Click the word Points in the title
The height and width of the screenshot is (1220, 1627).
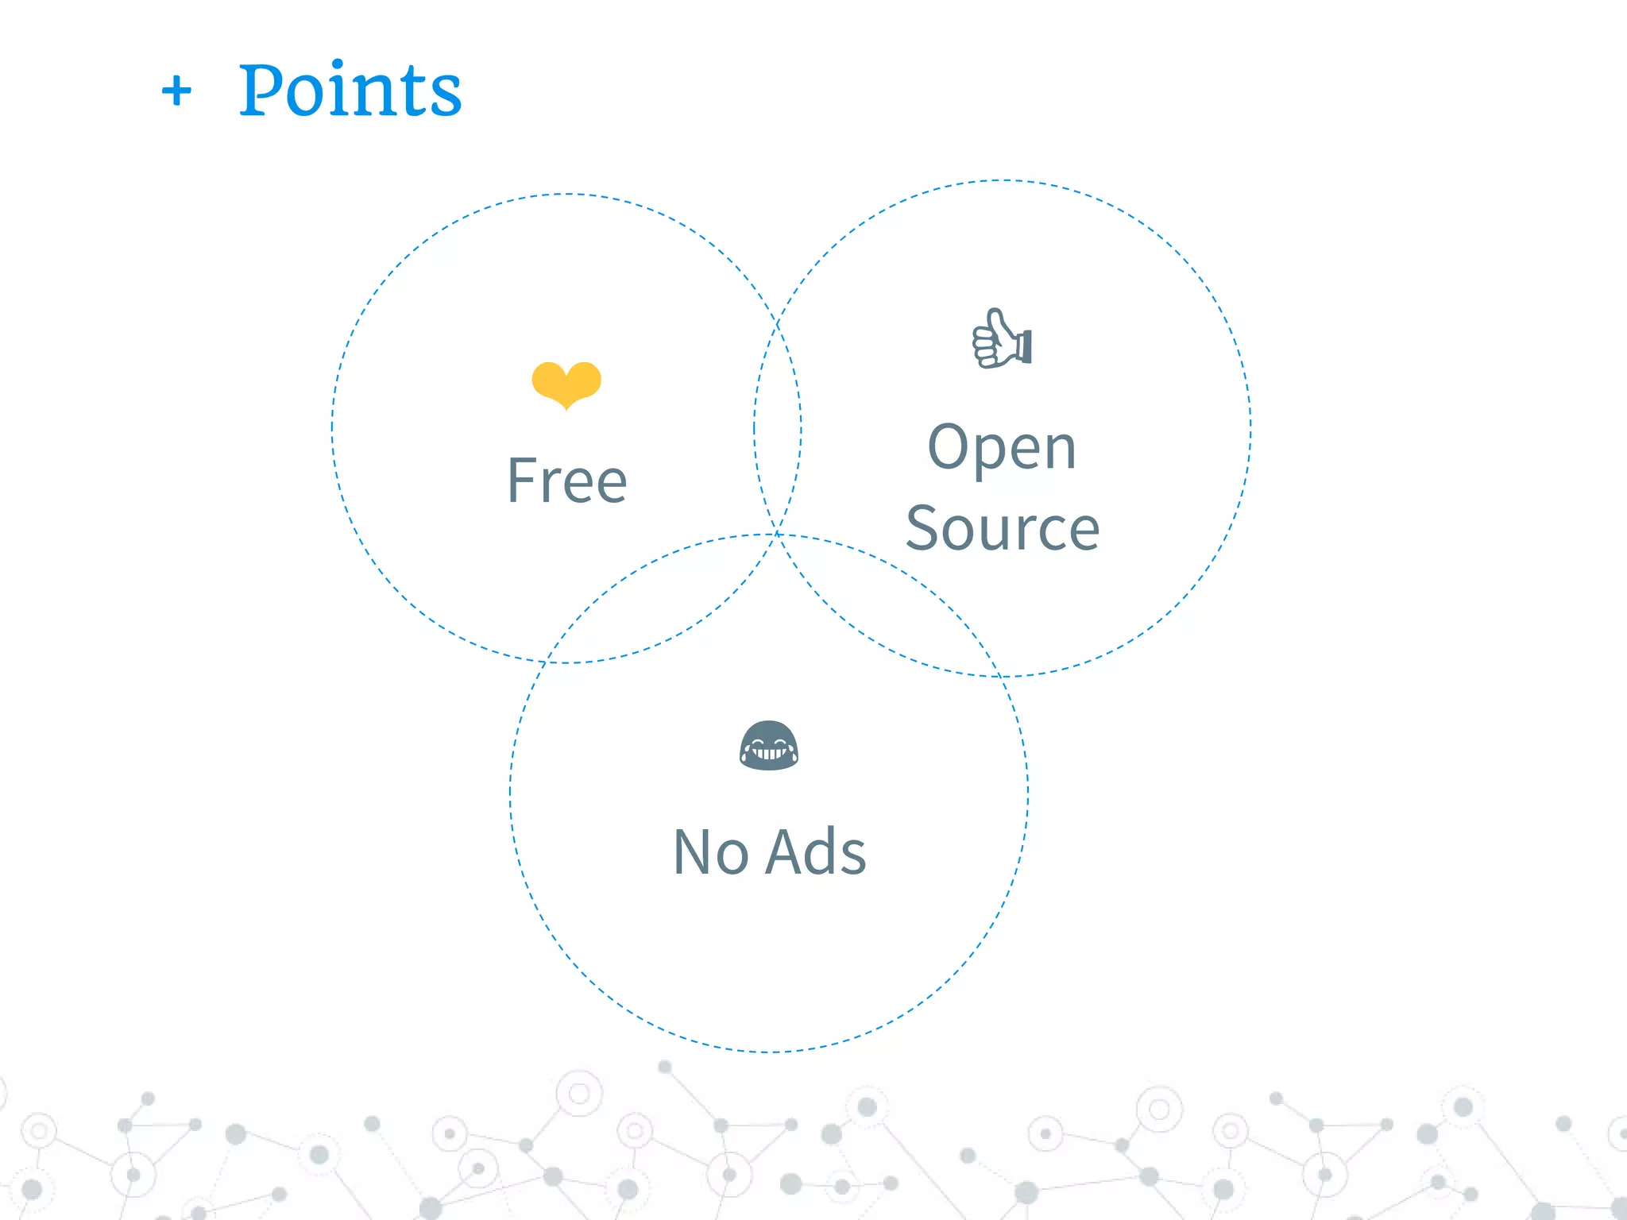coord(350,91)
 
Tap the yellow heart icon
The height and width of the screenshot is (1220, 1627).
coord(566,384)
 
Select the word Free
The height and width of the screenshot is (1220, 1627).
coord(567,481)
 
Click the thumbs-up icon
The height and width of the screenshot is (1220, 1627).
coord(1002,339)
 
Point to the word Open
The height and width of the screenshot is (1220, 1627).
coord(1002,449)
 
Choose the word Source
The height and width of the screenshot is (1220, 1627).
coord(1003,529)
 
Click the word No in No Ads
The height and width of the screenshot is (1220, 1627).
coord(710,852)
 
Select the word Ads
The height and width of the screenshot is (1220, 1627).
coord(817,852)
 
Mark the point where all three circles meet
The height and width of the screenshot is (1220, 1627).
coord(777,535)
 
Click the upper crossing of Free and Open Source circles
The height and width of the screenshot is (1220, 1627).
coord(777,324)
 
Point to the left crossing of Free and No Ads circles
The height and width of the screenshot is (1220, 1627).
coord(544,662)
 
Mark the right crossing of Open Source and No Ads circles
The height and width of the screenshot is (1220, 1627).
coord(1003,676)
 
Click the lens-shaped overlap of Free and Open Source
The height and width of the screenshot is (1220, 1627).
coord(777,429)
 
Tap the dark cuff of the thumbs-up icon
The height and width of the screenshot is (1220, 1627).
coord(1026,347)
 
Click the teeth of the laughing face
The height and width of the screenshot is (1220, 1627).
coord(768,753)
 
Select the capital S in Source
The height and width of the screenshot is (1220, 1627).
coord(924,529)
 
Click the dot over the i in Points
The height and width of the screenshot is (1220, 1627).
coord(338,64)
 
